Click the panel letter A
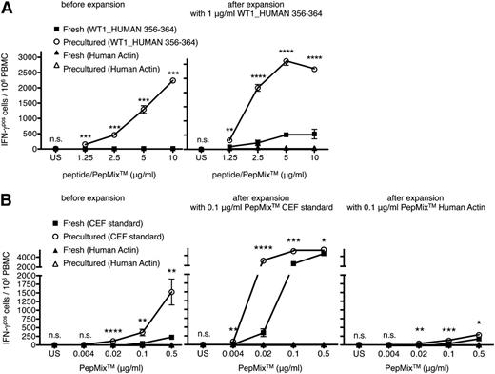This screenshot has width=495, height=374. tap(8, 8)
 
